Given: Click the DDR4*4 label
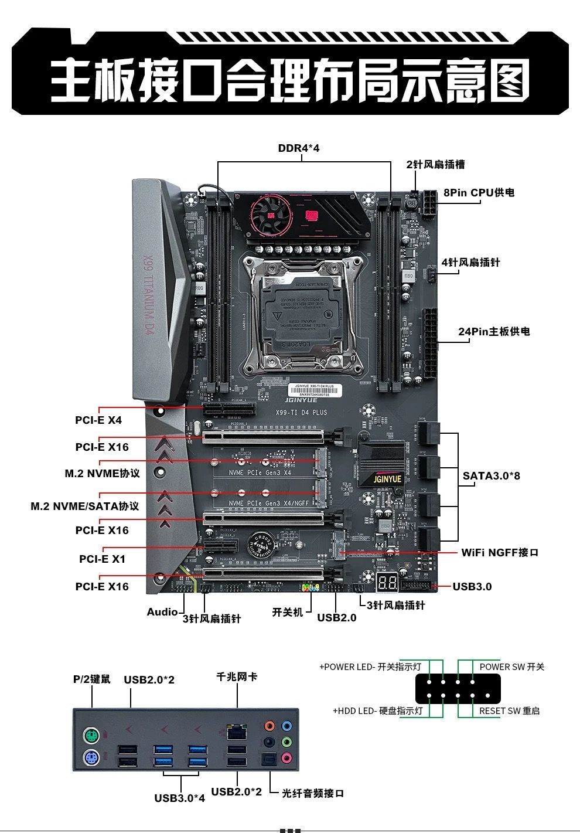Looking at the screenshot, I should pos(299,148).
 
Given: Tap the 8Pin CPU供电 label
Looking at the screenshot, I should pos(479,193).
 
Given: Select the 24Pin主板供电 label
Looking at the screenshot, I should pos(494,332).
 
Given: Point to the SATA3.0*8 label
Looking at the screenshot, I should pos(491,475).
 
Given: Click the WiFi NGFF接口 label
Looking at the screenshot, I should pos(499,552).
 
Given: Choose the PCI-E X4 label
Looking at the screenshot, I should pos(98,420).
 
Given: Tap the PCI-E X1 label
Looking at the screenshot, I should pos(102,559).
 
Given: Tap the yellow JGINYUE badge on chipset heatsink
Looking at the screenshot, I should pos(388,479).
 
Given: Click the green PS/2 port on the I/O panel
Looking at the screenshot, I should pos(91,736).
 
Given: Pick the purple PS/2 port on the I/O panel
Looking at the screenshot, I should pos(91,759).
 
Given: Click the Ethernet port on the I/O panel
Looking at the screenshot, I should pos(236,732).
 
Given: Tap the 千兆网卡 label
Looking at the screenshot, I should pos(237,677).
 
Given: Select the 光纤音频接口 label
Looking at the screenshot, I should pos(313,793).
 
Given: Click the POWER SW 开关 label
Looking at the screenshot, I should pos(511,667).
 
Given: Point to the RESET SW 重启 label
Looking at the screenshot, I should pos(509,710).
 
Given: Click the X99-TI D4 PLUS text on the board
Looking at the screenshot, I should pos(301,412).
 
